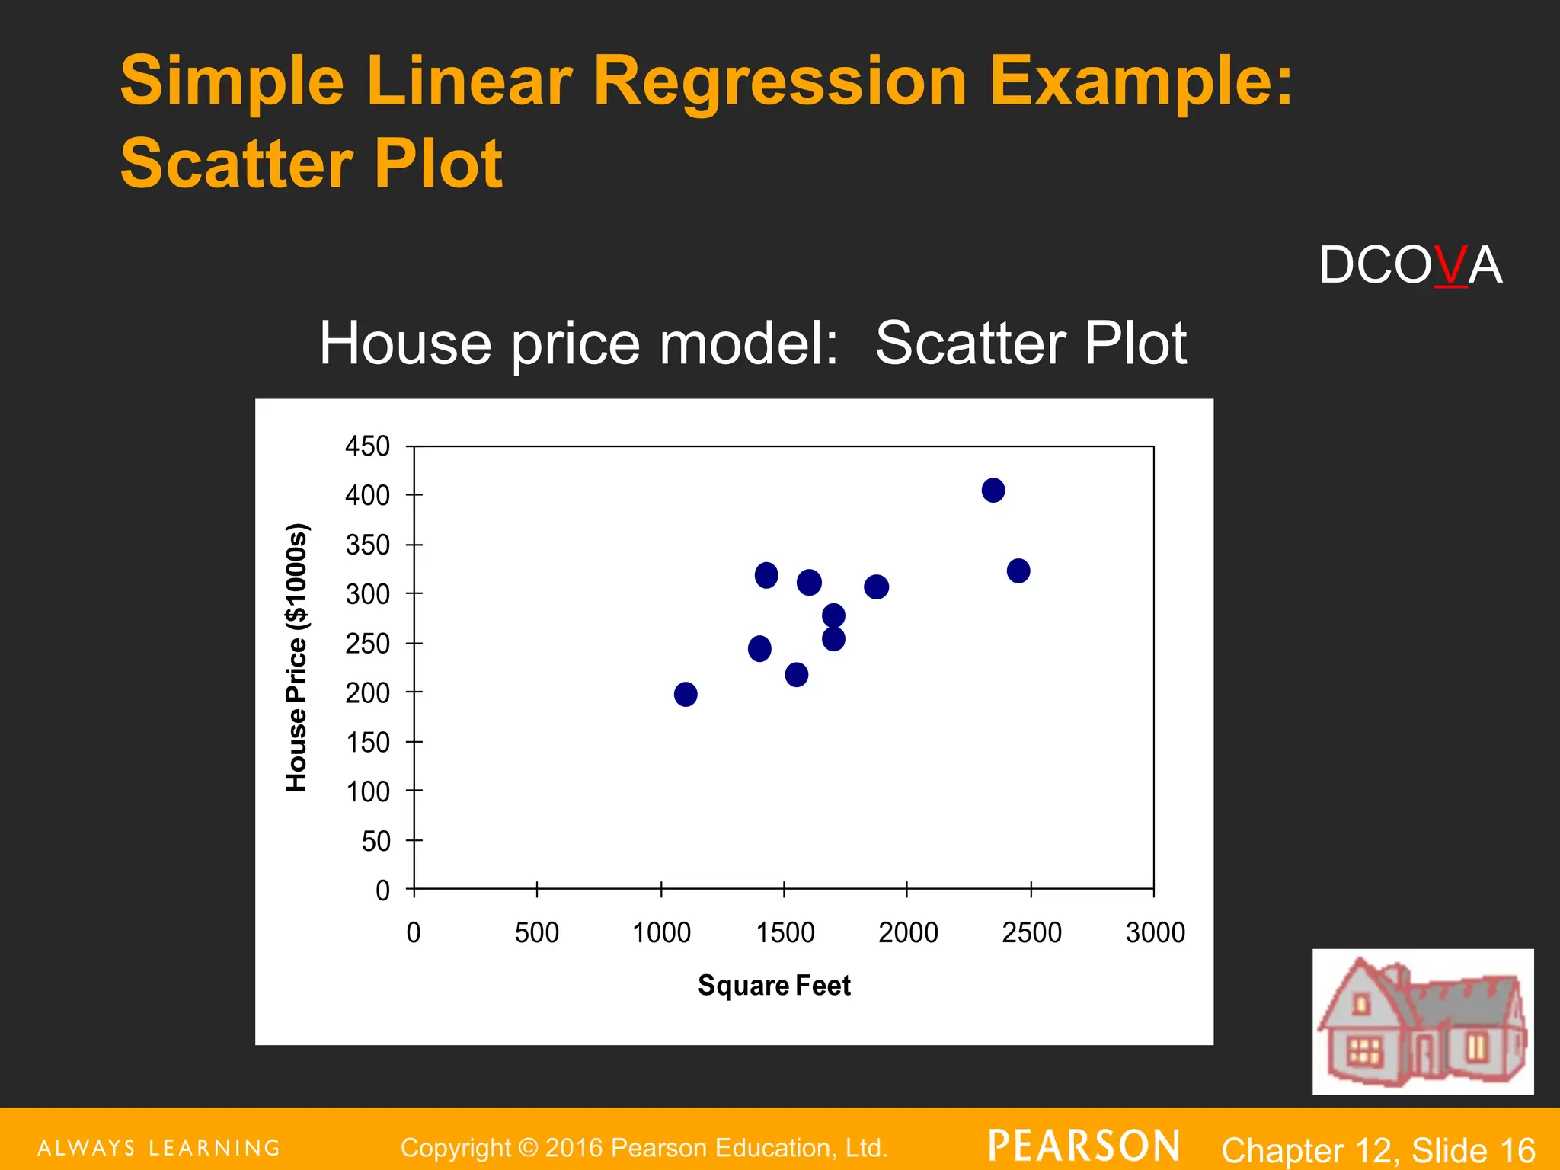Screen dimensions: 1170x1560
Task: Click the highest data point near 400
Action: [x=993, y=490]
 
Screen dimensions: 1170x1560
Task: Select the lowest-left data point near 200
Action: [x=685, y=694]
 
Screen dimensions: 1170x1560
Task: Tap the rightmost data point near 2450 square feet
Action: [x=1018, y=571]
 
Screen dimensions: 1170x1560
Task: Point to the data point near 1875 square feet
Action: [x=876, y=587]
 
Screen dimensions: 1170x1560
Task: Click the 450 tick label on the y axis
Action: [x=367, y=446]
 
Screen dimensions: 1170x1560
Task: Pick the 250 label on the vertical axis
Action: [x=367, y=644]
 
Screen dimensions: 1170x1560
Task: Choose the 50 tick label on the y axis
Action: [x=376, y=842]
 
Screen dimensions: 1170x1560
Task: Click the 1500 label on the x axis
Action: [x=785, y=932]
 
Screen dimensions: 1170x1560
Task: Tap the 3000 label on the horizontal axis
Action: [x=1155, y=932]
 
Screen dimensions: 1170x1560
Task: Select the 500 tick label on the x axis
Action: [x=536, y=932]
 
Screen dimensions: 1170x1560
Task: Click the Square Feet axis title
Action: [x=774, y=986]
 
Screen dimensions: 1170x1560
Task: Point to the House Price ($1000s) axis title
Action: [x=296, y=657]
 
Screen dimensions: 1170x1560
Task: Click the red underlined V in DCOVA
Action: [x=1450, y=266]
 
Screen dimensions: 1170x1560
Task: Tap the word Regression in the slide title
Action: [x=780, y=81]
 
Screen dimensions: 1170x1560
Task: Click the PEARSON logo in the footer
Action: [x=1083, y=1146]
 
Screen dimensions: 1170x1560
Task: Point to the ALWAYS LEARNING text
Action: [x=158, y=1148]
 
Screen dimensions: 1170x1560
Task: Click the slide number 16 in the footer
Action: [x=1517, y=1150]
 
